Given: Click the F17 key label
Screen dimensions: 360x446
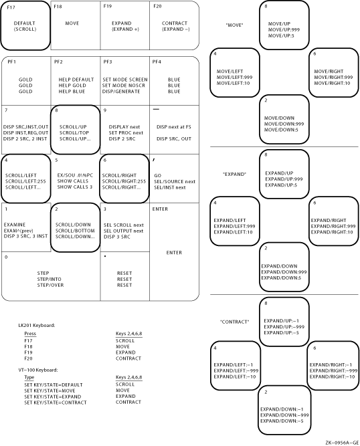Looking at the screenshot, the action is (x=11, y=7).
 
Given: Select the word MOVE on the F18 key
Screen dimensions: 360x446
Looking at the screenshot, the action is (x=72, y=23).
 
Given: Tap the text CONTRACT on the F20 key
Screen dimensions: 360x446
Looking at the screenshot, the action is (x=175, y=23).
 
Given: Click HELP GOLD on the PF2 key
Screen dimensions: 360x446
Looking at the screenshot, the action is (x=72, y=86).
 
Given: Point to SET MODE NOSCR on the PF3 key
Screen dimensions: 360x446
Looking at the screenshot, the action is (x=124, y=86).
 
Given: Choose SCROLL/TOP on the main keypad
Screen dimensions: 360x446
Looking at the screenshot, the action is (x=74, y=133).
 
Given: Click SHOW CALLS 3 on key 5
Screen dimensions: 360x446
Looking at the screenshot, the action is (x=75, y=187).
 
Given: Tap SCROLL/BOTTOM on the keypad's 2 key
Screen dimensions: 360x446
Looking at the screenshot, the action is (x=75, y=231).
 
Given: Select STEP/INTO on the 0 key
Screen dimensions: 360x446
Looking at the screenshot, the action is (x=49, y=280).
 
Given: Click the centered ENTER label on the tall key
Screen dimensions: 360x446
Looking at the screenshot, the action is (x=174, y=253).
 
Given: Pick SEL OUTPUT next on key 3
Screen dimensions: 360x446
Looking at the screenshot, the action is (x=123, y=231).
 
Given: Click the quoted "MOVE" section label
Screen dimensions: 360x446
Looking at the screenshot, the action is (x=234, y=25).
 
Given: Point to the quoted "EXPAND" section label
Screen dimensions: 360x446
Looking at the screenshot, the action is (x=234, y=174).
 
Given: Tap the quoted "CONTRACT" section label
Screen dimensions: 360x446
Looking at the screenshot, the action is (x=234, y=322).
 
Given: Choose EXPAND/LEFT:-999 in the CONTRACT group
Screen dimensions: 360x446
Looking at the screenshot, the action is (x=236, y=370).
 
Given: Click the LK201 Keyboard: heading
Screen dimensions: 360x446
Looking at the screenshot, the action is (x=37, y=326).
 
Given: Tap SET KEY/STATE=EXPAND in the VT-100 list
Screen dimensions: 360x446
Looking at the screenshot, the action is (x=53, y=397).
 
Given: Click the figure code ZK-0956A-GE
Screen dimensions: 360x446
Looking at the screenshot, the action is (x=342, y=443).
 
